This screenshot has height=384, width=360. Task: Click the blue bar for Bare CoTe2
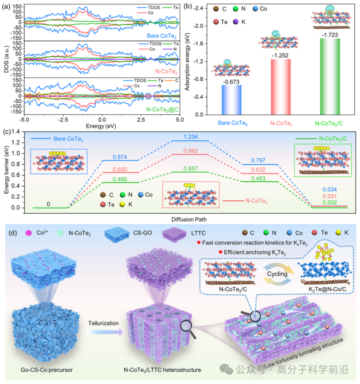pos(232,100)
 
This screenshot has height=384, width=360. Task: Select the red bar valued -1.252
pos(281,87)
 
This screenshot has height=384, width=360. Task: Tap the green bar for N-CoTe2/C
pos(330,76)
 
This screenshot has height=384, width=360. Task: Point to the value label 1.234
pos(190,137)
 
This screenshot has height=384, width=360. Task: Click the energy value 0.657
pos(190,169)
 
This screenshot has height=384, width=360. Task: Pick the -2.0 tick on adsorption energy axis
pos(198,26)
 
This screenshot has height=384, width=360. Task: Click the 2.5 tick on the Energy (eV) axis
pos(141,120)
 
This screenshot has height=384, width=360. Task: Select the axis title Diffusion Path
pos(189,220)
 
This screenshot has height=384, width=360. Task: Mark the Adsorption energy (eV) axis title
pos(187,61)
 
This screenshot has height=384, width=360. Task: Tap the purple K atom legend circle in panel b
pos(236,22)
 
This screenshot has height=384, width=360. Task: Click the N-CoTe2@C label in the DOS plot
pos(162,109)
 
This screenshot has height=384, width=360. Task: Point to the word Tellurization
pos(103,323)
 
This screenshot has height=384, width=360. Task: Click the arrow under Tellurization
pos(105,332)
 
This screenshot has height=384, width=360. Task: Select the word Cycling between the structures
pos(277,274)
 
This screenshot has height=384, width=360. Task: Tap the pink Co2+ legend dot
pos(28,233)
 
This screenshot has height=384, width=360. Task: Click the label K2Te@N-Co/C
pos(327,289)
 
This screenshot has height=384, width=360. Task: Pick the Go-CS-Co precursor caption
pos(46,370)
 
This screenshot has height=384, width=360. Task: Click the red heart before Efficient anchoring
pos(220,252)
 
